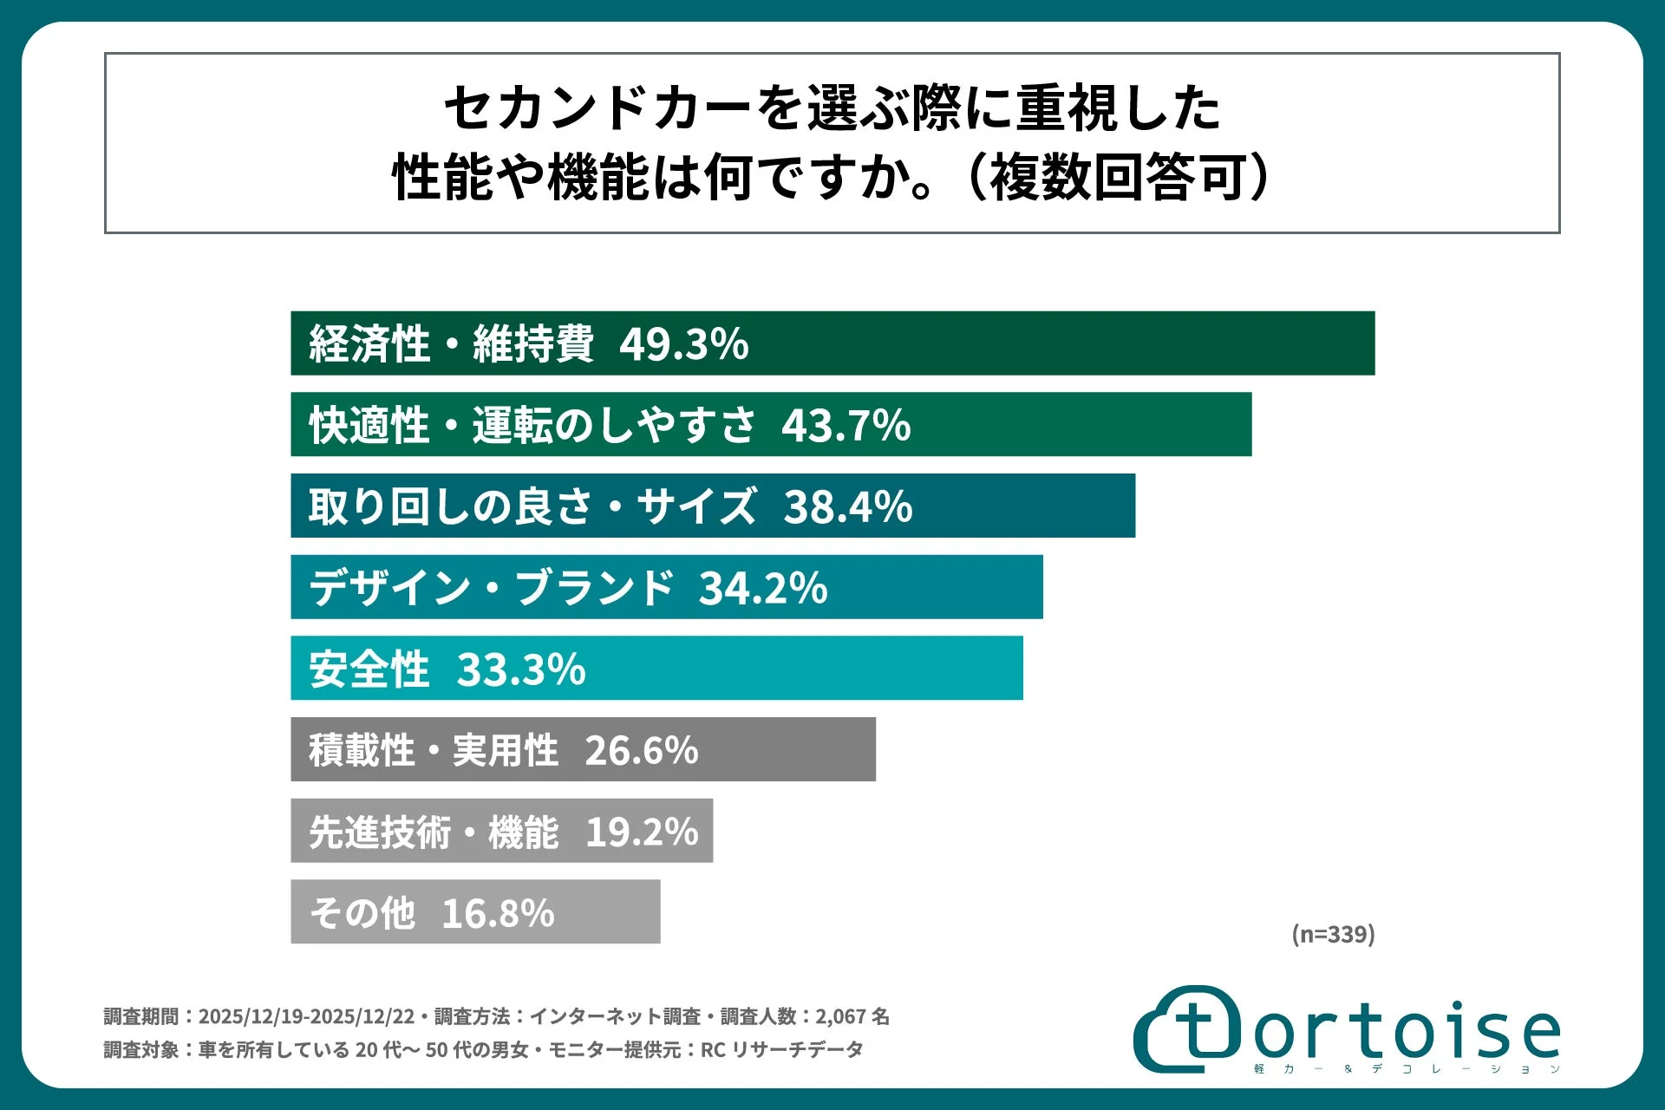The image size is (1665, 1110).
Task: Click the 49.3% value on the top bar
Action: point(683,344)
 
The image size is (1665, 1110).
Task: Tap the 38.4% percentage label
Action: point(847,506)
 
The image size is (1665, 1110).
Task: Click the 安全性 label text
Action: point(369,669)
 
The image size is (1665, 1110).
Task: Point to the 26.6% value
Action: point(641,751)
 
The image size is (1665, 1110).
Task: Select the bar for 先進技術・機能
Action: point(501,832)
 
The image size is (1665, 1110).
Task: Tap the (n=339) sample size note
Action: point(1333,934)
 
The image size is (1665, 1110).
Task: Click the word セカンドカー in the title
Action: point(597,109)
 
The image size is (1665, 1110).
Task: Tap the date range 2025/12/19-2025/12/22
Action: point(306,1016)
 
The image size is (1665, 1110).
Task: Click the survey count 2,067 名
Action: point(852,1016)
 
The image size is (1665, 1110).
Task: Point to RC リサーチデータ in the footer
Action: point(781,1050)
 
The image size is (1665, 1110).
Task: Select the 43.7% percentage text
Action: point(846,426)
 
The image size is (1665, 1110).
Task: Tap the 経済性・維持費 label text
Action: point(451,344)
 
